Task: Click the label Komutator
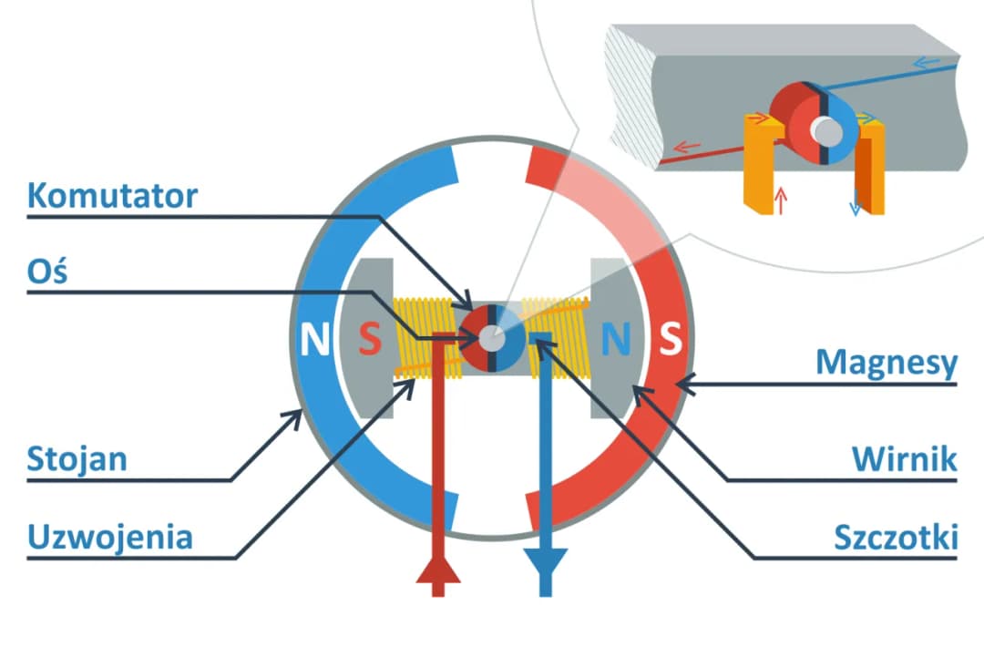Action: [x=112, y=195]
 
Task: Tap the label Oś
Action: [x=47, y=272]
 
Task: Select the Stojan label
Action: [x=77, y=457]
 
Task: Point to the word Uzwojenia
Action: [x=110, y=536]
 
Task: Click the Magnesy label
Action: [x=887, y=363]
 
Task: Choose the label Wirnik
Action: [x=905, y=458]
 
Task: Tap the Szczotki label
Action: [x=896, y=537]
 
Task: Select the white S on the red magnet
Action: [x=670, y=340]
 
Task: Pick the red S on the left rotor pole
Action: [x=368, y=340]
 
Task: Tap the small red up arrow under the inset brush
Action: [x=780, y=200]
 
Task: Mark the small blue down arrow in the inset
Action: [x=855, y=205]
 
